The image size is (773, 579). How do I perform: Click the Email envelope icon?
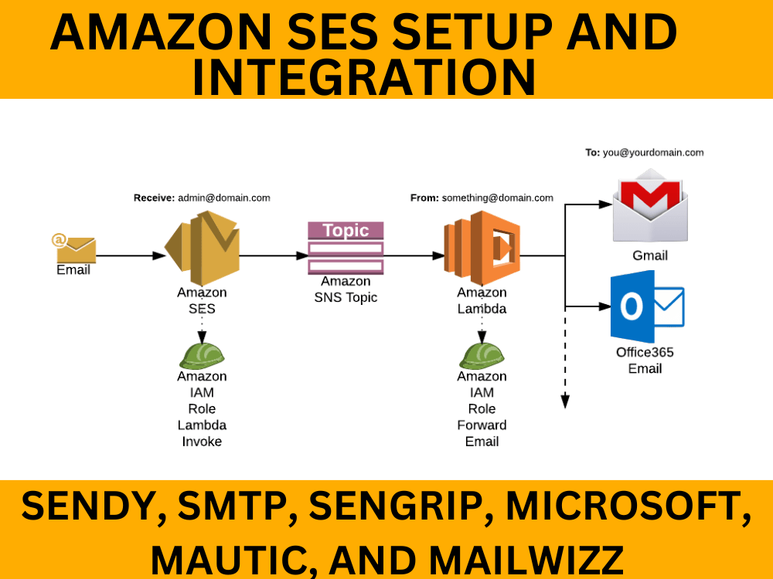(75, 249)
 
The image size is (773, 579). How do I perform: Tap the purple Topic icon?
(346, 248)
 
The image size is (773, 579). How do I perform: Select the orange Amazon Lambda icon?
(482, 248)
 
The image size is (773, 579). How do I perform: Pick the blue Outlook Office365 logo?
(647, 306)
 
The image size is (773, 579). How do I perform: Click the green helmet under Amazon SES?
(202, 355)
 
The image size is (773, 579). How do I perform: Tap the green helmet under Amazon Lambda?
(482, 355)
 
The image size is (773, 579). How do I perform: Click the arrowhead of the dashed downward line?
(565, 401)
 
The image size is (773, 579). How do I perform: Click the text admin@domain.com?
(224, 198)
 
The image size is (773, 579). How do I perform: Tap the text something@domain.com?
(497, 198)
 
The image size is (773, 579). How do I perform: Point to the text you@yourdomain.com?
(653, 153)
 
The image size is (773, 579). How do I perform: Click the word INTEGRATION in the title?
(363, 77)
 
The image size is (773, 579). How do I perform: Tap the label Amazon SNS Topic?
(346, 289)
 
